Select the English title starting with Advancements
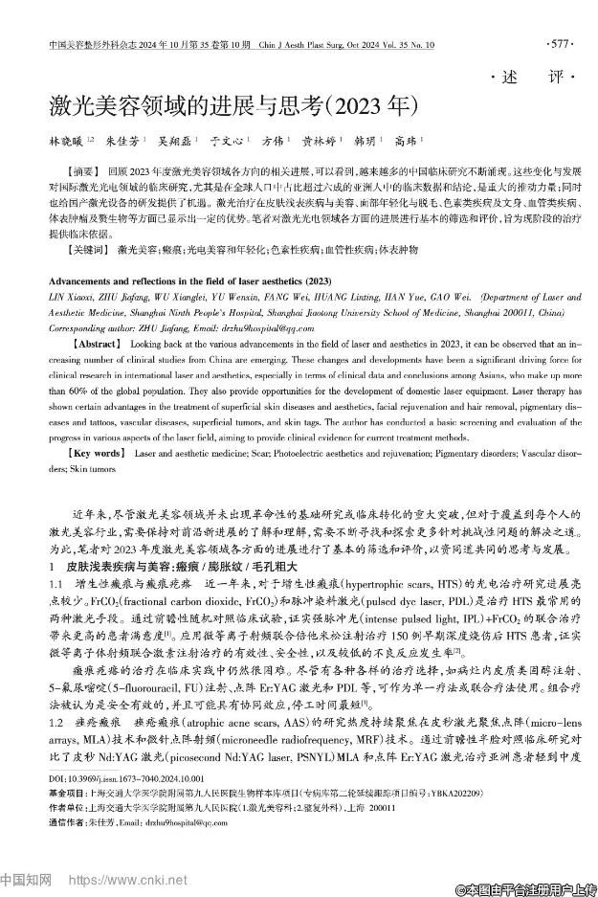185,285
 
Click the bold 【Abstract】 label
97,342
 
